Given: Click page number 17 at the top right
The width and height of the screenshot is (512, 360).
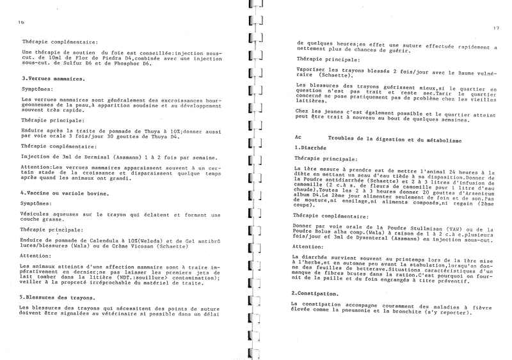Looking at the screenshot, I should (496, 27).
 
